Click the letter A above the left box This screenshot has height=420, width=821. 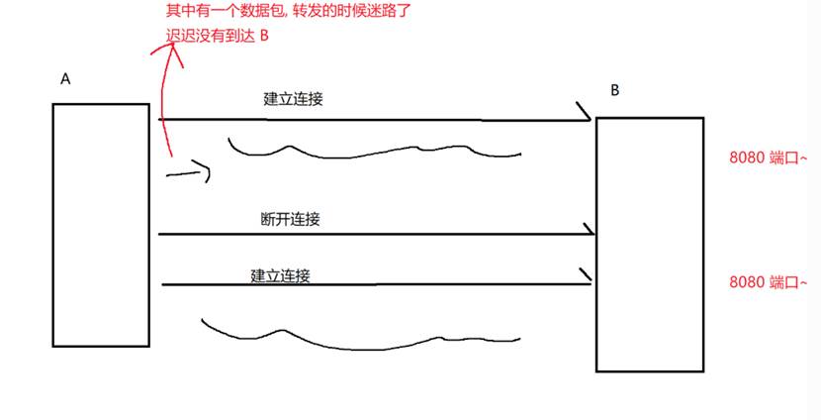pyautogui.click(x=65, y=80)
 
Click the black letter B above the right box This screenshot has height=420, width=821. pyautogui.click(x=615, y=91)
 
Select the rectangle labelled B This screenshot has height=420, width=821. pyautogui.click(x=650, y=244)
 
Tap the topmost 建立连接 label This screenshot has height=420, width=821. pyautogui.click(x=294, y=99)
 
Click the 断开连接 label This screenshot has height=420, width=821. pyautogui.click(x=290, y=219)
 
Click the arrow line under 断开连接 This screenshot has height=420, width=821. pyautogui.click(x=376, y=235)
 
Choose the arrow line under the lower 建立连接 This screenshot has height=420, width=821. pyautogui.click(x=376, y=284)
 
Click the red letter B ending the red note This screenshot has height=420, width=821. pyautogui.click(x=263, y=36)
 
